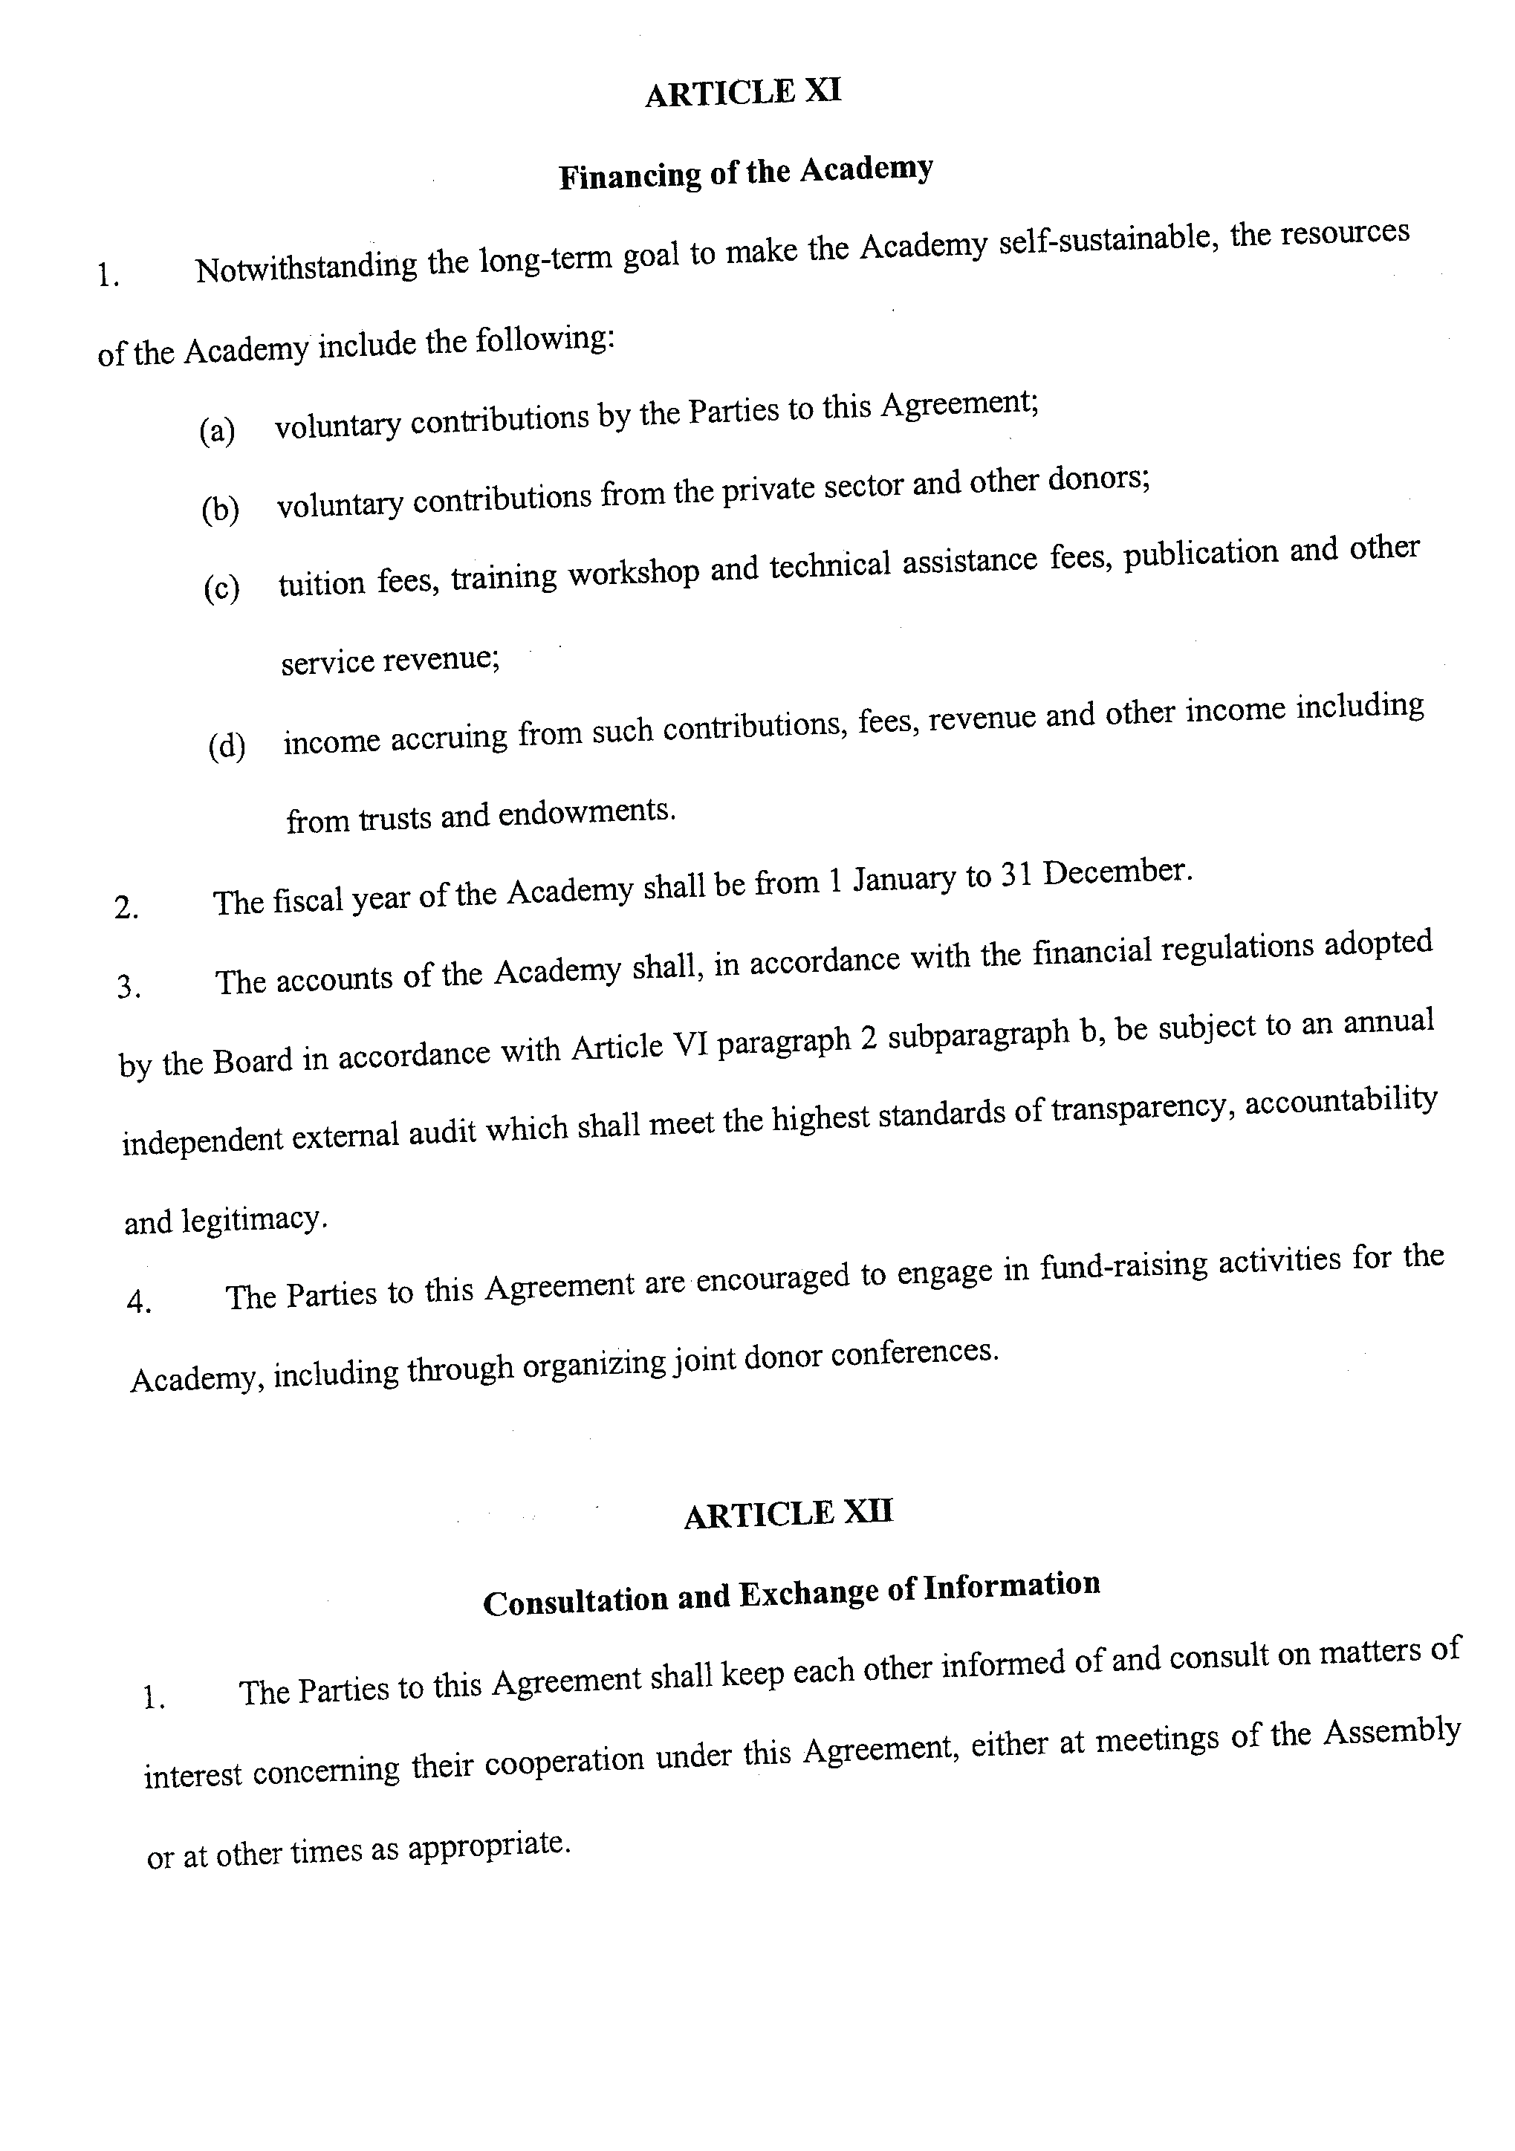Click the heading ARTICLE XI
[743, 93]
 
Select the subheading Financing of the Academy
[746, 172]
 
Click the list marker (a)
[218, 431]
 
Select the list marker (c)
[222, 589]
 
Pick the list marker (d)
[227, 747]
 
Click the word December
[1117, 873]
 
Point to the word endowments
[585, 812]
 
